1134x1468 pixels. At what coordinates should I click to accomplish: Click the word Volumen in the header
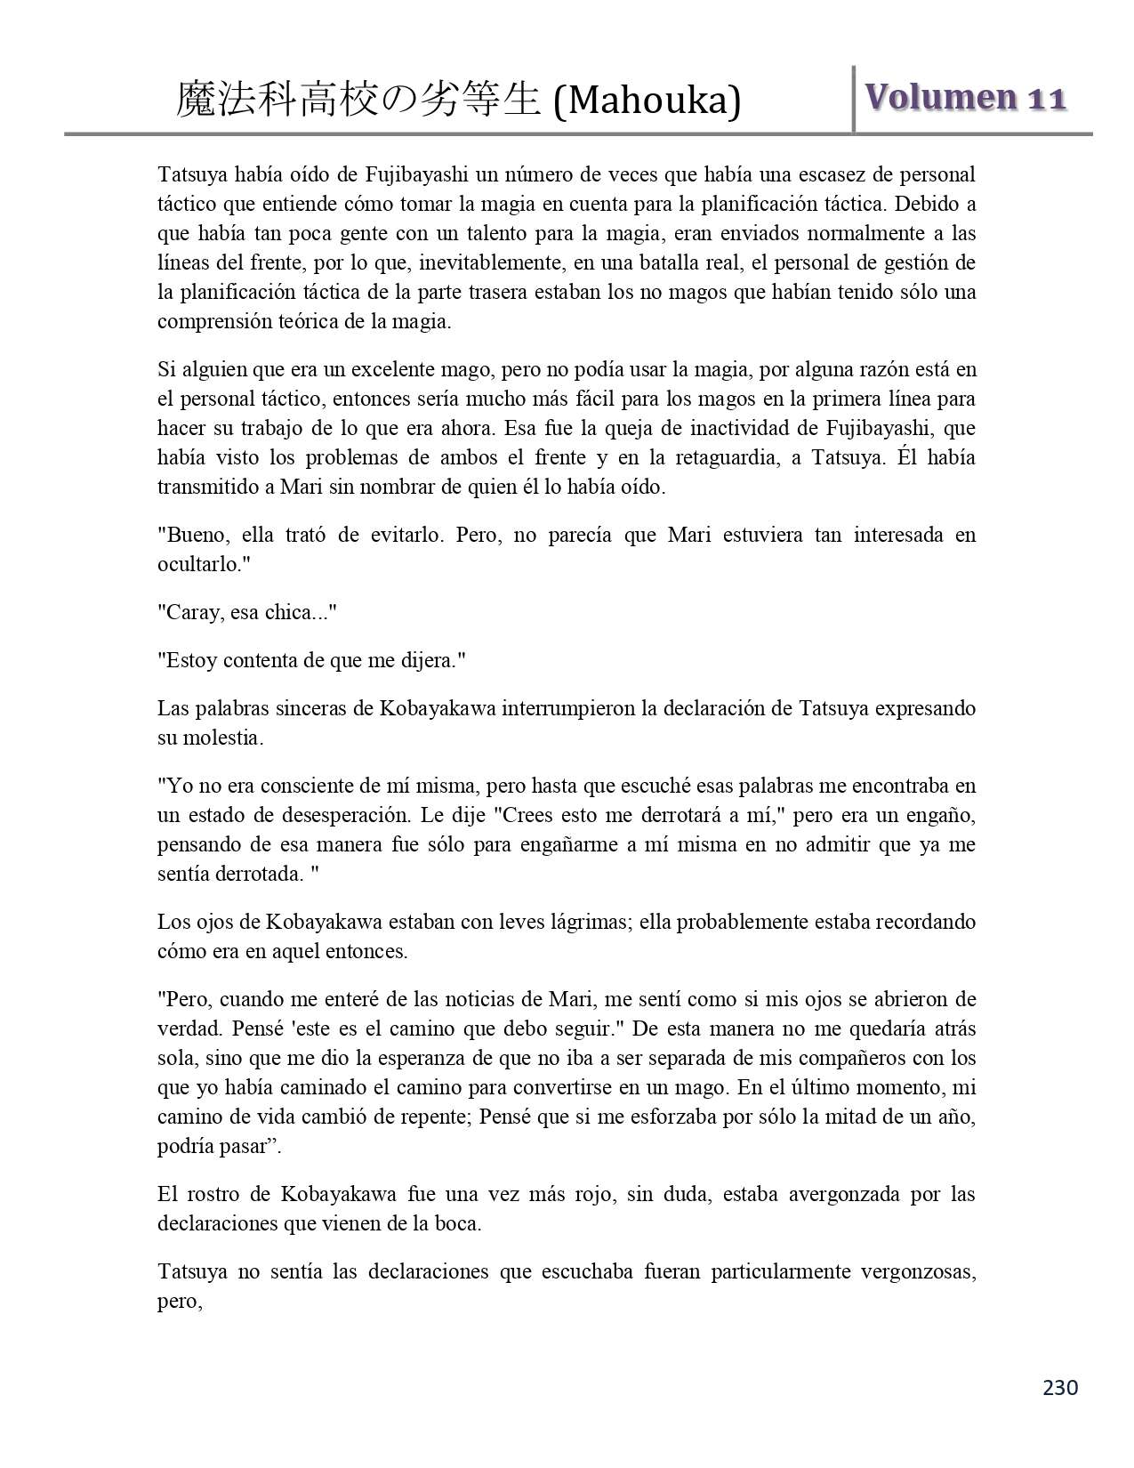[x=939, y=99]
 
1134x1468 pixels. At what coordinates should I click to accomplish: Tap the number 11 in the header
[x=1046, y=99]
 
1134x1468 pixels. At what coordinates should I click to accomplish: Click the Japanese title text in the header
[x=358, y=101]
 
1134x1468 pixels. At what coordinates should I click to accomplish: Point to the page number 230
[x=1060, y=1387]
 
